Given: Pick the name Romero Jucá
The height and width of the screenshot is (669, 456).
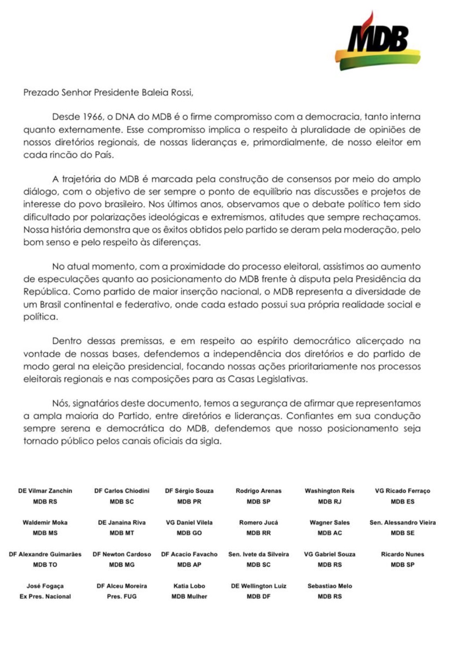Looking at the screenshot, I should tap(258, 522).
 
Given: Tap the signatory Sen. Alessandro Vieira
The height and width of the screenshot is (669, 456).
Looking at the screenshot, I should tap(402, 522).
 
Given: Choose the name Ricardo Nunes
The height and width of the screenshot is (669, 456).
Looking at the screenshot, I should tap(402, 554).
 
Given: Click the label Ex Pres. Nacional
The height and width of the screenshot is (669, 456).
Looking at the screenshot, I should tap(45, 596).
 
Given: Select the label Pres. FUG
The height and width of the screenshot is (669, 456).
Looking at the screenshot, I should tap(121, 596).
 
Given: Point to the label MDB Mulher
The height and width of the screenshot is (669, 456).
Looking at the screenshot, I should tap(189, 596).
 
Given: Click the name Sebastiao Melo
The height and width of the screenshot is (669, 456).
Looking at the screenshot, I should tap(330, 586).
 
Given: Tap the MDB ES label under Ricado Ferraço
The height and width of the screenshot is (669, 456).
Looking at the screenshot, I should tap(402, 501).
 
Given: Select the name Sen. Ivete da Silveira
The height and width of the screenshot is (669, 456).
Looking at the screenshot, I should tap(258, 554).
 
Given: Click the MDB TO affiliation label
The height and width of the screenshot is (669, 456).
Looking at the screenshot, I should tap(45, 565).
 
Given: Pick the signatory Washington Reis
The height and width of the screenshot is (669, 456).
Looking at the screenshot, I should tap(330, 491).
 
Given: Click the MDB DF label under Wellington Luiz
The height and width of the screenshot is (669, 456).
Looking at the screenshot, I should tap(258, 596).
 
